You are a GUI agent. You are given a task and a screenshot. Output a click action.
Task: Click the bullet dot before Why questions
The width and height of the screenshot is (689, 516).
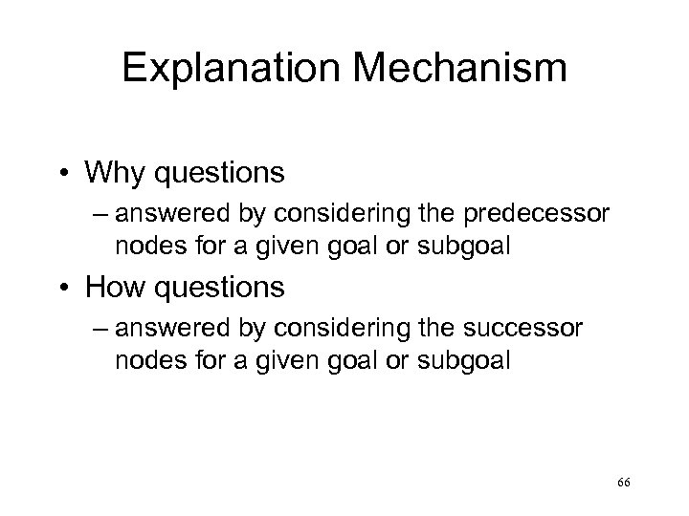65,174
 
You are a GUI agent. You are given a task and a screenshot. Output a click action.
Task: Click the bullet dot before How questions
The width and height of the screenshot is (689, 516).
65,287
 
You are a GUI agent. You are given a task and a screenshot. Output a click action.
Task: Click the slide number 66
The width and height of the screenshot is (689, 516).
624,485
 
